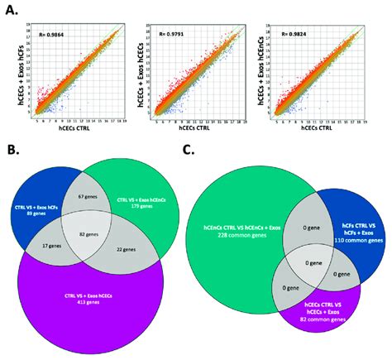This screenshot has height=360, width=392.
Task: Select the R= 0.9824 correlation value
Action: coord(302,36)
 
